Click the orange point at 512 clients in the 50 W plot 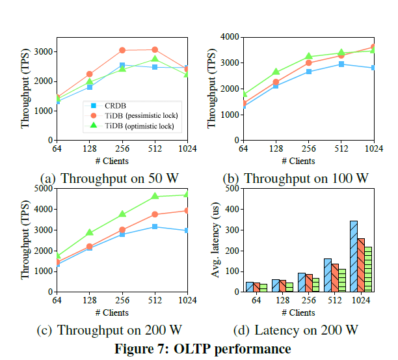(154, 49)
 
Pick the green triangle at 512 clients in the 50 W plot (154, 59)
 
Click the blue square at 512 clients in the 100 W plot (341, 64)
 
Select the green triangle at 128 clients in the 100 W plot (275, 72)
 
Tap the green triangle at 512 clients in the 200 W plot (154, 196)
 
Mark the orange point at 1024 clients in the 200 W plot (186, 210)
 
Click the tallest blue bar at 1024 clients (353, 256)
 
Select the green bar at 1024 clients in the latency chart (369, 269)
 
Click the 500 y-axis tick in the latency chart (229, 189)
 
